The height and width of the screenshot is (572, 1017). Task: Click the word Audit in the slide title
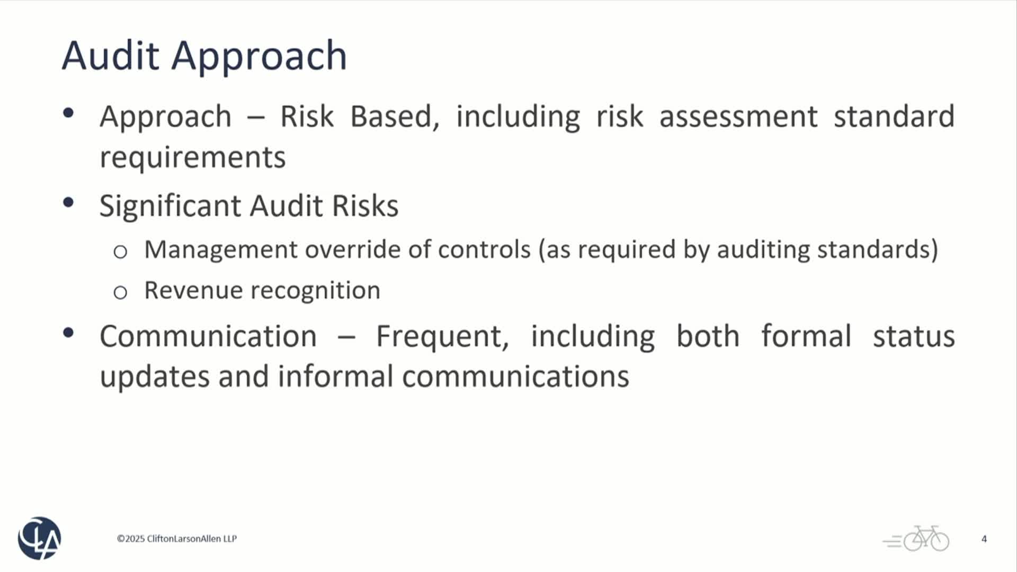(x=110, y=55)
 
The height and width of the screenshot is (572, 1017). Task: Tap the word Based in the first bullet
(x=395, y=117)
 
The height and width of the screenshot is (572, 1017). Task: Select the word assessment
(x=738, y=117)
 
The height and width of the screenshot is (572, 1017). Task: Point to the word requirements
(x=193, y=158)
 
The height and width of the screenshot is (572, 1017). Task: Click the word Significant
(x=169, y=205)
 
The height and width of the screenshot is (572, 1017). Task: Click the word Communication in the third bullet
(x=208, y=336)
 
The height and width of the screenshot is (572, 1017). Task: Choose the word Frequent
(x=442, y=337)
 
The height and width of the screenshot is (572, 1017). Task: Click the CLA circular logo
(x=40, y=538)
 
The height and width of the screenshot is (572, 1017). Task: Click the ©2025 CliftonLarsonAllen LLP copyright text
(x=177, y=539)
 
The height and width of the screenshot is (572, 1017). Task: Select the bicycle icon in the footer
(x=916, y=539)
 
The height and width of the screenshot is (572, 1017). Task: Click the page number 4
(x=984, y=539)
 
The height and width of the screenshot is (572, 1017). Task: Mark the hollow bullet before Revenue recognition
(x=120, y=292)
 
